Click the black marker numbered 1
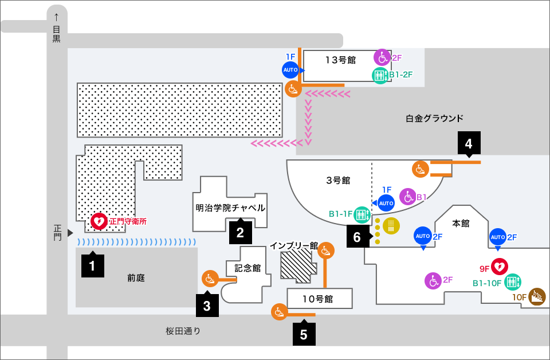pos(92,265)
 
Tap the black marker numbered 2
pos(240,232)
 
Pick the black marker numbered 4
pos(469,144)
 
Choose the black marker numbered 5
pos(304,334)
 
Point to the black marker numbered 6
pos(357,236)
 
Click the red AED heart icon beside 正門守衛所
pos(99,220)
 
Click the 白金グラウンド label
pos(434,119)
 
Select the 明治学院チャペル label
pos(230,208)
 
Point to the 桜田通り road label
pos(183,331)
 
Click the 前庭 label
pos(136,279)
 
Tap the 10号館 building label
pos(318,299)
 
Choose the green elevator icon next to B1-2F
pos(380,75)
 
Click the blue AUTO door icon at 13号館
pos(290,70)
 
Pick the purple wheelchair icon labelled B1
pos(407,197)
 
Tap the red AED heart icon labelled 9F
pos(500,266)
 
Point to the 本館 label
pos(461,223)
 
